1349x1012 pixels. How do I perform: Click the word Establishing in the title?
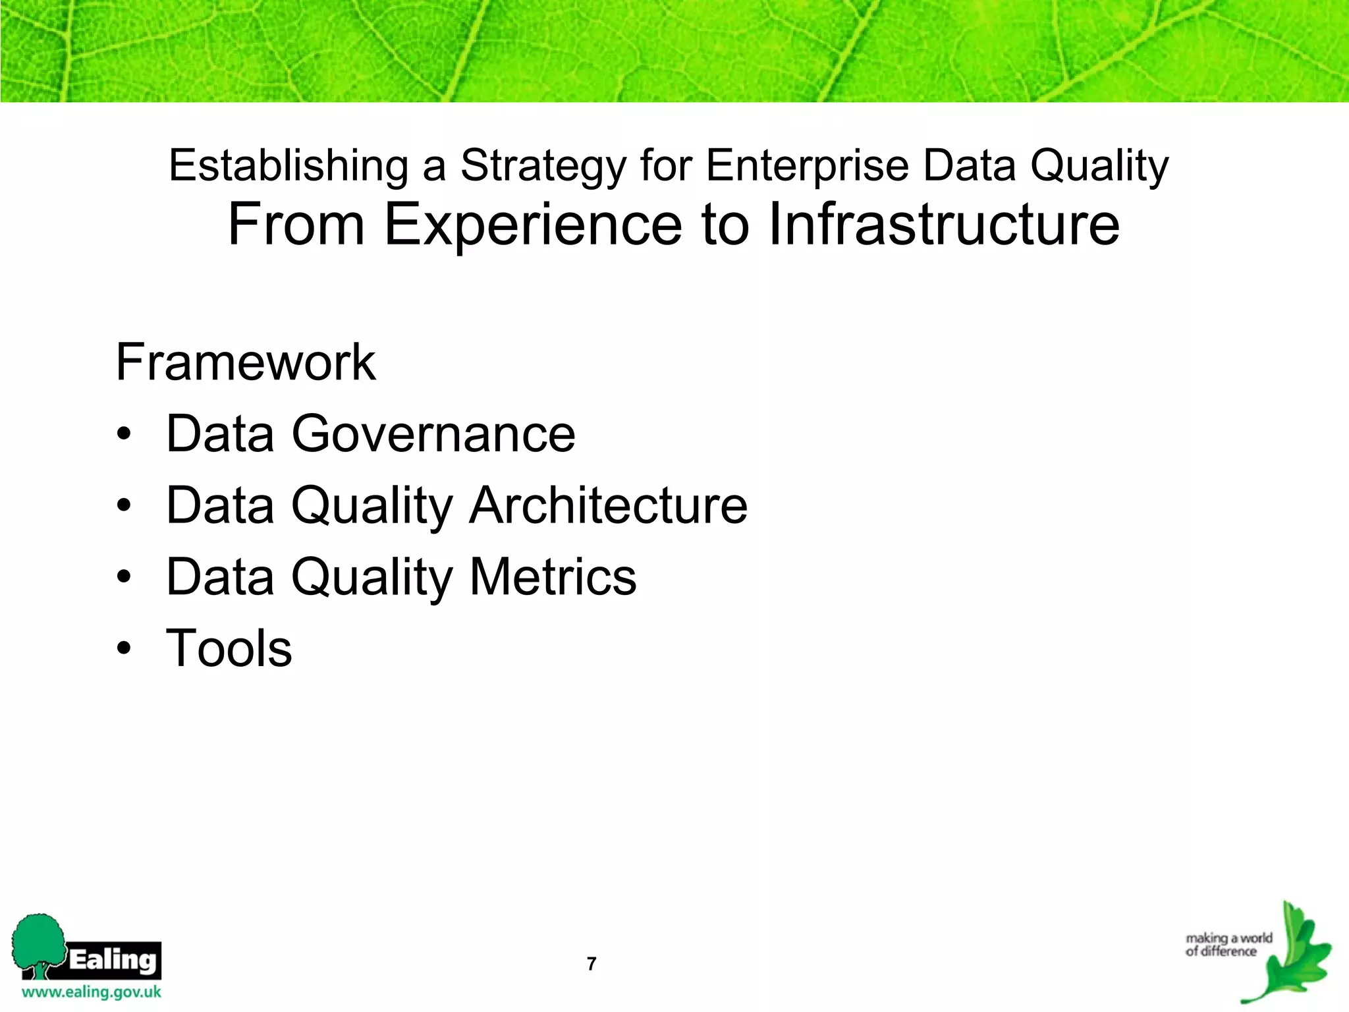tap(289, 166)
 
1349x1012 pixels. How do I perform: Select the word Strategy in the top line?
tap(543, 166)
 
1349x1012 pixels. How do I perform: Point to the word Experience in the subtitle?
tap(532, 225)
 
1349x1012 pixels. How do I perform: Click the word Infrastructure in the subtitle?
tap(943, 224)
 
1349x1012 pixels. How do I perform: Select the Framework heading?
tap(245, 362)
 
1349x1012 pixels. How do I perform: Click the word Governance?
tap(433, 435)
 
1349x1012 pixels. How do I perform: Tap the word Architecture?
tap(608, 506)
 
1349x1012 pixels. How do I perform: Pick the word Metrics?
tap(553, 577)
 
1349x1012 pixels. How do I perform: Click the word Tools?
tap(229, 649)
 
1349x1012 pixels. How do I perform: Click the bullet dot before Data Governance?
tap(124, 436)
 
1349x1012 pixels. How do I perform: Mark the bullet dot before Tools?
tap(124, 649)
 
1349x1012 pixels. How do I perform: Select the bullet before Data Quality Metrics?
tap(124, 578)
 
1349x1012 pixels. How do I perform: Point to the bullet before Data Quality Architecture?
tap(124, 507)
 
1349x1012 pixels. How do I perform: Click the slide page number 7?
tap(592, 964)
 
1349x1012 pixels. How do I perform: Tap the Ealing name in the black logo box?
tap(113, 959)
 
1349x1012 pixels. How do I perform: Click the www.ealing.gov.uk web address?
tap(92, 992)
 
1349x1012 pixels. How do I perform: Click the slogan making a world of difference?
tap(1228, 944)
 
